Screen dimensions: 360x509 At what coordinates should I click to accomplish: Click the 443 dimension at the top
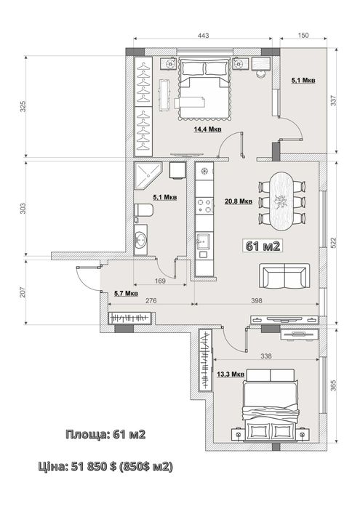[x=204, y=35]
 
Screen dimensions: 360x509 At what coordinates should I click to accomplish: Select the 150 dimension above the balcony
[x=303, y=35]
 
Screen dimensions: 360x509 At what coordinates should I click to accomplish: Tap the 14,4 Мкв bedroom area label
[x=208, y=129]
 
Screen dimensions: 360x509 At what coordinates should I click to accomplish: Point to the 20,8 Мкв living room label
[x=239, y=201]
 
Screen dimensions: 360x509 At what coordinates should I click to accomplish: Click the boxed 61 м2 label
[x=263, y=246]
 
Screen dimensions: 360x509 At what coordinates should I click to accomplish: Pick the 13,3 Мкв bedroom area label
[x=231, y=374]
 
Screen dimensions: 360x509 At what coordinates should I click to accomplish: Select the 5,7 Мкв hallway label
[x=126, y=294]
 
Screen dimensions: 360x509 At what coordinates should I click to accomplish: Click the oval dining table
[x=282, y=201]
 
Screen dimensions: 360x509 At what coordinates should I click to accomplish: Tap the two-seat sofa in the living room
[x=284, y=276]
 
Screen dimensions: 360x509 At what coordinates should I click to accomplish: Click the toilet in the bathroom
[x=143, y=210]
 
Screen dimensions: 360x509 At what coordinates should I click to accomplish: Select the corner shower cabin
[x=147, y=176]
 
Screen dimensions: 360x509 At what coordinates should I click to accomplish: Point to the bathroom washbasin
[x=141, y=240]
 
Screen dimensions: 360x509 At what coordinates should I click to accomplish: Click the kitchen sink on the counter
[x=203, y=241]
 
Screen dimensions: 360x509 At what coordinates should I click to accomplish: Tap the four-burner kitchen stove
[x=205, y=206]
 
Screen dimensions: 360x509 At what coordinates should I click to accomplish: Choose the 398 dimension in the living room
[x=257, y=300]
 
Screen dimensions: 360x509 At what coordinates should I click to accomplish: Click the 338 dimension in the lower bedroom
[x=266, y=356]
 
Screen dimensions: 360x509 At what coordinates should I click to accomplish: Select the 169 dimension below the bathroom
[x=160, y=281]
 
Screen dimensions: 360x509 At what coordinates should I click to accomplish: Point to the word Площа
[x=87, y=434]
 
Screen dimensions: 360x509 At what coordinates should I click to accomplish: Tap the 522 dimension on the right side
[x=333, y=242]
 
